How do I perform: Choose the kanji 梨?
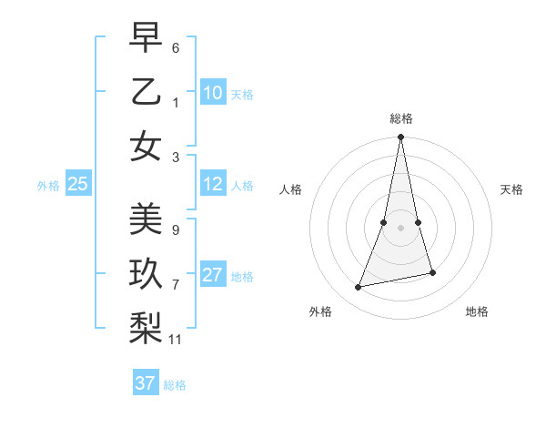[146, 327]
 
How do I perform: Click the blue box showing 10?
[213, 93]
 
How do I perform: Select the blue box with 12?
[213, 185]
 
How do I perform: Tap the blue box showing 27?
[213, 276]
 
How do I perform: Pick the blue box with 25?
[78, 185]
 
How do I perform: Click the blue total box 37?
[146, 383]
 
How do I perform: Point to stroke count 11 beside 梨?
[176, 340]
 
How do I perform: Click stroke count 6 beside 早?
[176, 46]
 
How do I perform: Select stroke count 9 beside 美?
[176, 230]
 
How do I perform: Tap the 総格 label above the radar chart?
[400, 118]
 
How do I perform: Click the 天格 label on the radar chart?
[511, 189]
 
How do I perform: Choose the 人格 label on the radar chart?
[290, 189]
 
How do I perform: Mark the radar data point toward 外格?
[359, 288]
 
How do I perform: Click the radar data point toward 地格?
[432, 272]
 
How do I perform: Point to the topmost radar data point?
[400, 138]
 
